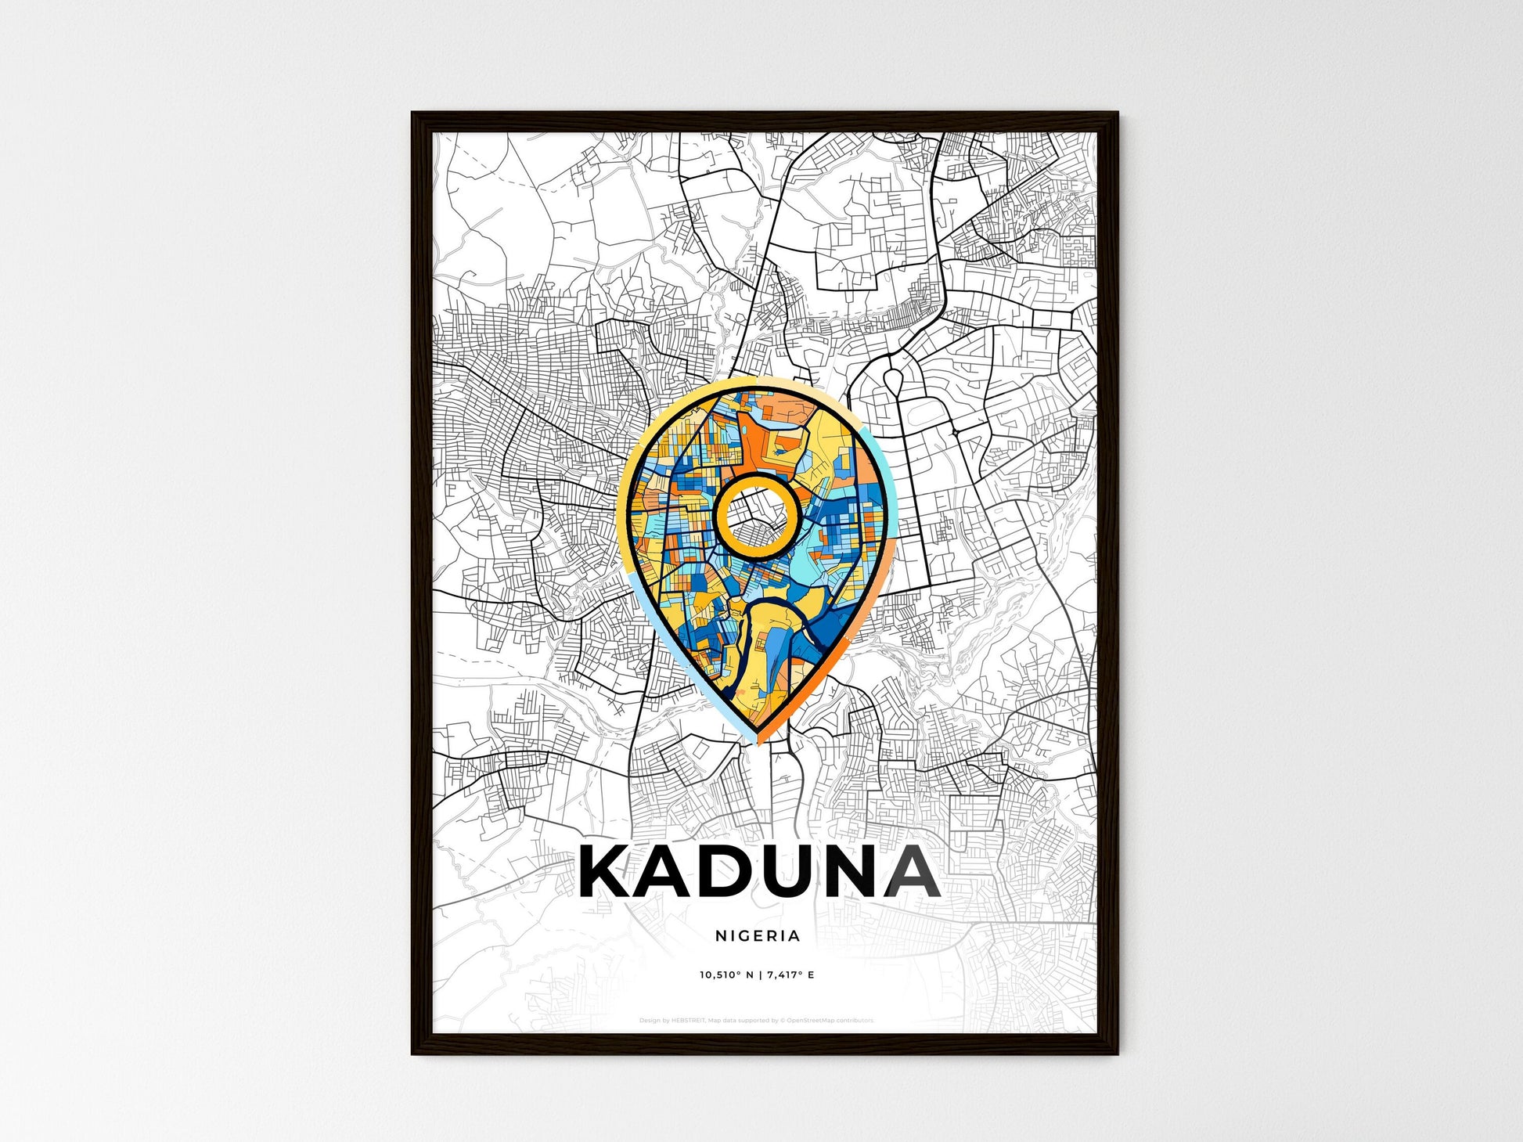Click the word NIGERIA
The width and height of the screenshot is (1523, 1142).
click(758, 935)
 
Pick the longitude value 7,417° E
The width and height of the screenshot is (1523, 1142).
click(790, 975)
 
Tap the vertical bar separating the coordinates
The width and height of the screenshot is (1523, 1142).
click(760, 975)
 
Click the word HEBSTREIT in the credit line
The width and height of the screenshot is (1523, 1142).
click(688, 1021)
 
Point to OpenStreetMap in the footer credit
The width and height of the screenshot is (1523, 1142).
click(809, 1021)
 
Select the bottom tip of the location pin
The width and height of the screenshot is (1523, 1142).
click(757, 739)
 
